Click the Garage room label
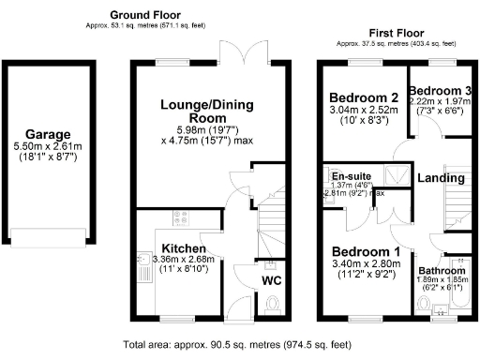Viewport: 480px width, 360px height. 48,133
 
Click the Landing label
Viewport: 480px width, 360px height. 441,178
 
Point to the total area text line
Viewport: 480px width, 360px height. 239,344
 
